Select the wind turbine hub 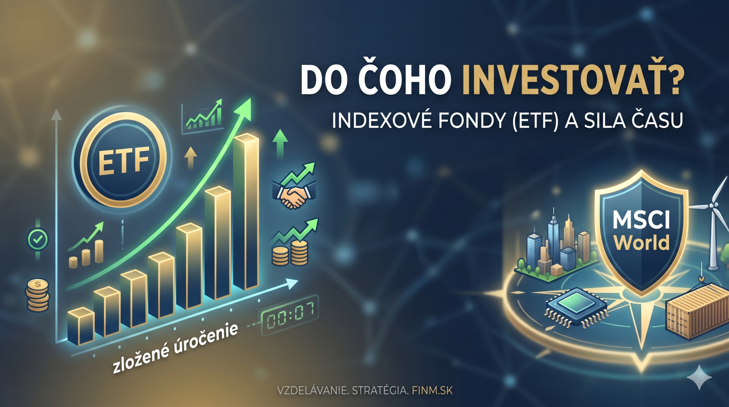(x=712, y=205)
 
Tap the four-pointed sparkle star (x=699, y=377)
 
